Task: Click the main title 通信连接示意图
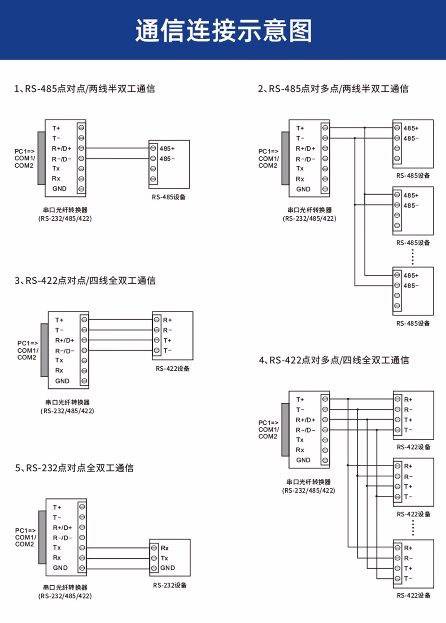223,31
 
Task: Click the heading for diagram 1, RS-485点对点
85,89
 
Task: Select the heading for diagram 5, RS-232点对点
74,468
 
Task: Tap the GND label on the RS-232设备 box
168,568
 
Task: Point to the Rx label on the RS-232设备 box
164,548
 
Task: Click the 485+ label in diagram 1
167,149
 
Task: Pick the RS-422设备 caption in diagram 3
173,368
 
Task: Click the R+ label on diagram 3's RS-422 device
167,320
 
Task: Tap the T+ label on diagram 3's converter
59,320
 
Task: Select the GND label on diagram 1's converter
59,189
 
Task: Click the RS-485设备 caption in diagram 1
168,197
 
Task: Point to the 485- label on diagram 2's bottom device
411,286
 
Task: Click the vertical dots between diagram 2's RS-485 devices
413,257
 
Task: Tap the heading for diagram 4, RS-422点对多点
334,360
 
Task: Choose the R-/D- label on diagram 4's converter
305,430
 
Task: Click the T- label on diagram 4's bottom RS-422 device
408,578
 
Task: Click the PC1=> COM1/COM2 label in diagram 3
27,350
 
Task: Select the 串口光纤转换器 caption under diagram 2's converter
309,210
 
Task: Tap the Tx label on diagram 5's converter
57,548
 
